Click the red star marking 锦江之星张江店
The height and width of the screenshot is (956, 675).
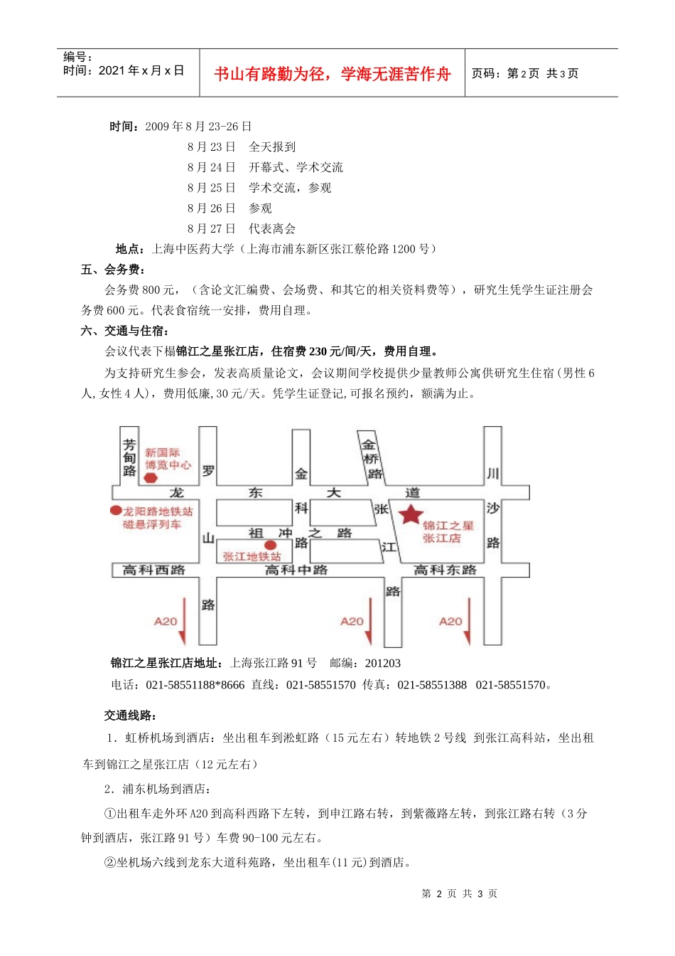pos(411,514)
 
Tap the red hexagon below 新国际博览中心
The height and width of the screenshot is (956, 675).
pos(151,478)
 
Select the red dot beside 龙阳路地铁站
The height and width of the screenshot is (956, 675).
pos(116,510)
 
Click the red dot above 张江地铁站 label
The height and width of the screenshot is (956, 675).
pos(270,546)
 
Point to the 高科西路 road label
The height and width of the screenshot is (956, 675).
pos(153,570)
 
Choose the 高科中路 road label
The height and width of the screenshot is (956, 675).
pos(296,570)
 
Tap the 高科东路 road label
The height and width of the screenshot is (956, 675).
pos(445,570)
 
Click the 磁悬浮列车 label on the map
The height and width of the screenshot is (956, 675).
pos(152,524)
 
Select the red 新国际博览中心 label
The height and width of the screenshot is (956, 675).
pos(168,459)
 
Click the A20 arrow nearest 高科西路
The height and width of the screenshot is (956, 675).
pos(183,621)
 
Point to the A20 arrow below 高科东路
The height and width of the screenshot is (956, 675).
pos(467,621)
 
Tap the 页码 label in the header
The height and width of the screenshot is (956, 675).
pos(487,73)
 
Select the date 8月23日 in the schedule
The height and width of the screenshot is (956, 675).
pos(211,147)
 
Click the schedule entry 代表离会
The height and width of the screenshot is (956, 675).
pos(272,228)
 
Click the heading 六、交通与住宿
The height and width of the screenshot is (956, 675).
pos(126,331)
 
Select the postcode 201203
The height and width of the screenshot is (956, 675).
pos(383,663)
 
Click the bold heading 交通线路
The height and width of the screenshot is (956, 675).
pos(131,716)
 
